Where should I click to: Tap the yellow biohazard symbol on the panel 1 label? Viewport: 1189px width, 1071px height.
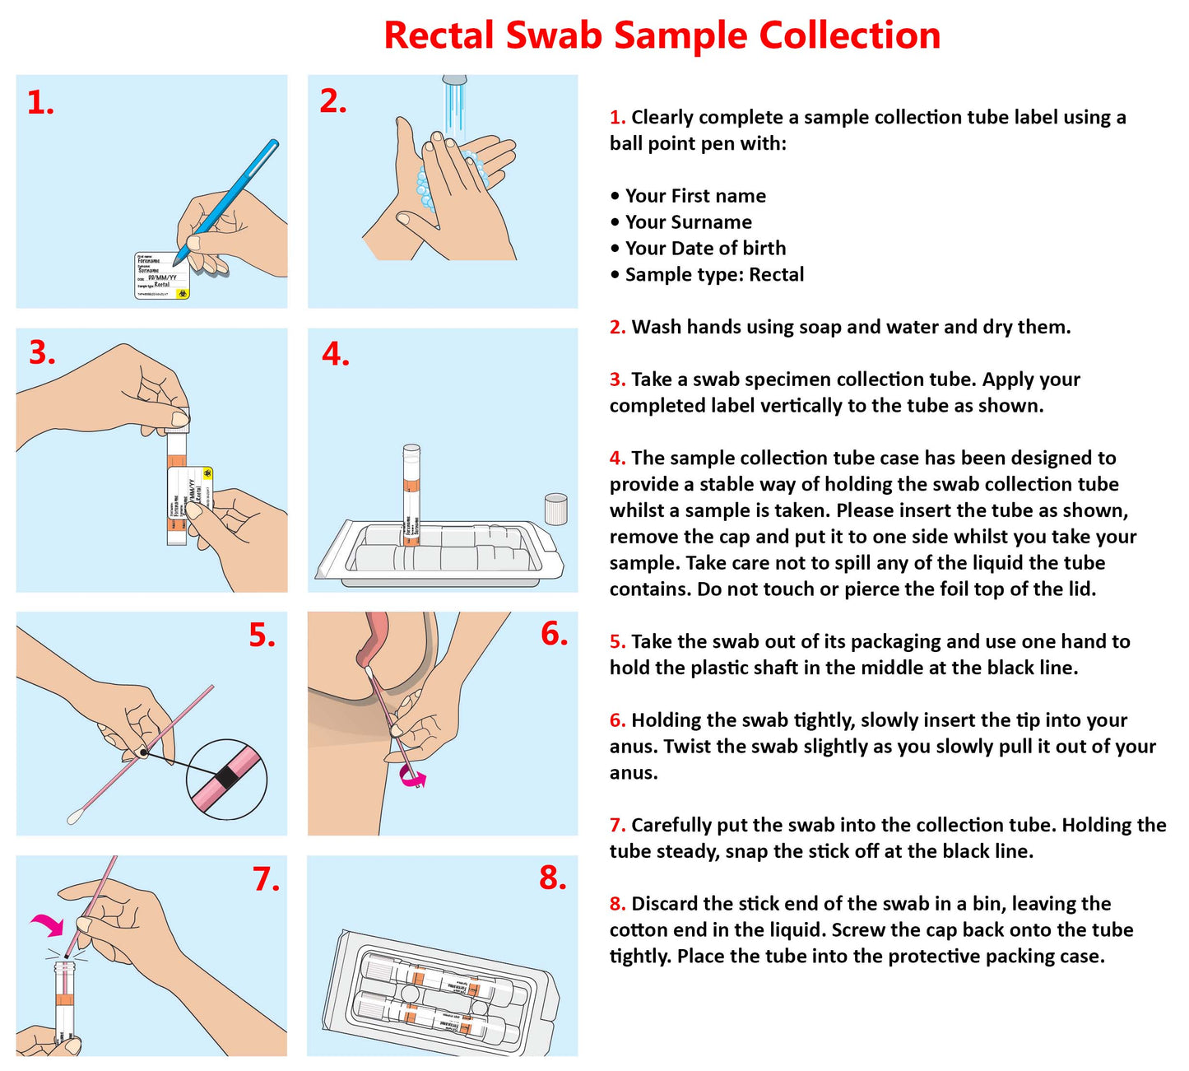[182, 292]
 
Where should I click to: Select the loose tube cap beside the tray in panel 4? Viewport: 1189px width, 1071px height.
[556, 508]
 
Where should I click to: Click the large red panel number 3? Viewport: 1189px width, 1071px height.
[42, 353]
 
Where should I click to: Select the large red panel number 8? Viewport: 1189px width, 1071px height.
[553, 878]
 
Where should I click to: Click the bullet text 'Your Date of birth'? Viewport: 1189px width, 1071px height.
[705, 249]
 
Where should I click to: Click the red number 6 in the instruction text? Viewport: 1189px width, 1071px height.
[617, 720]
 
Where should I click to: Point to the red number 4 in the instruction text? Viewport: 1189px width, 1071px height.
[617, 459]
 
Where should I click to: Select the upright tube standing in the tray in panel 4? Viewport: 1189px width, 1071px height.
[411, 494]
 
